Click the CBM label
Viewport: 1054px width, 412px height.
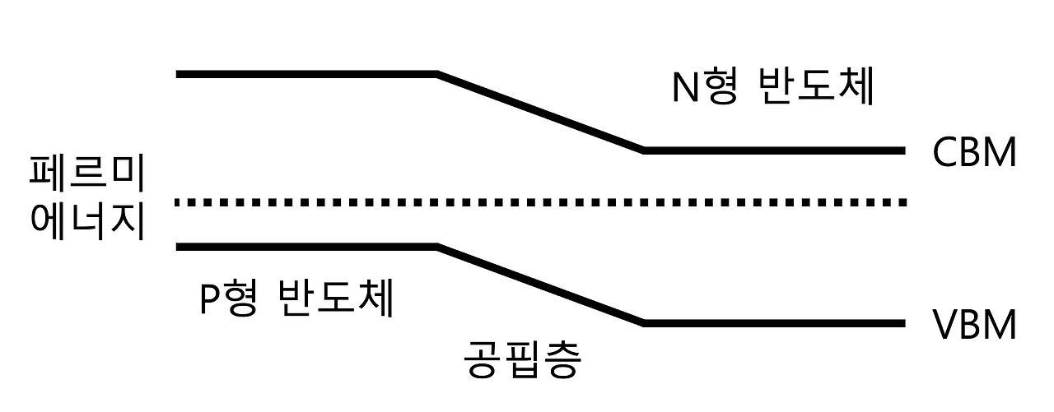(x=974, y=153)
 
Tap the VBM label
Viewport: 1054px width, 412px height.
(x=974, y=326)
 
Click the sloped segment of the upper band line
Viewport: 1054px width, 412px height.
(x=540, y=112)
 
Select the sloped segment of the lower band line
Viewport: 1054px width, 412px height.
(x=540, y=284)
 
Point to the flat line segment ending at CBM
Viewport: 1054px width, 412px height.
(x=774, y=150)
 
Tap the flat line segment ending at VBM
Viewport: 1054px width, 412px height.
(x=774, y=323)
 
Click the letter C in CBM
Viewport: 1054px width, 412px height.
(x=946, y=153)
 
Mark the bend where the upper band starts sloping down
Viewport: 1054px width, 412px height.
(x=437, y=75)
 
